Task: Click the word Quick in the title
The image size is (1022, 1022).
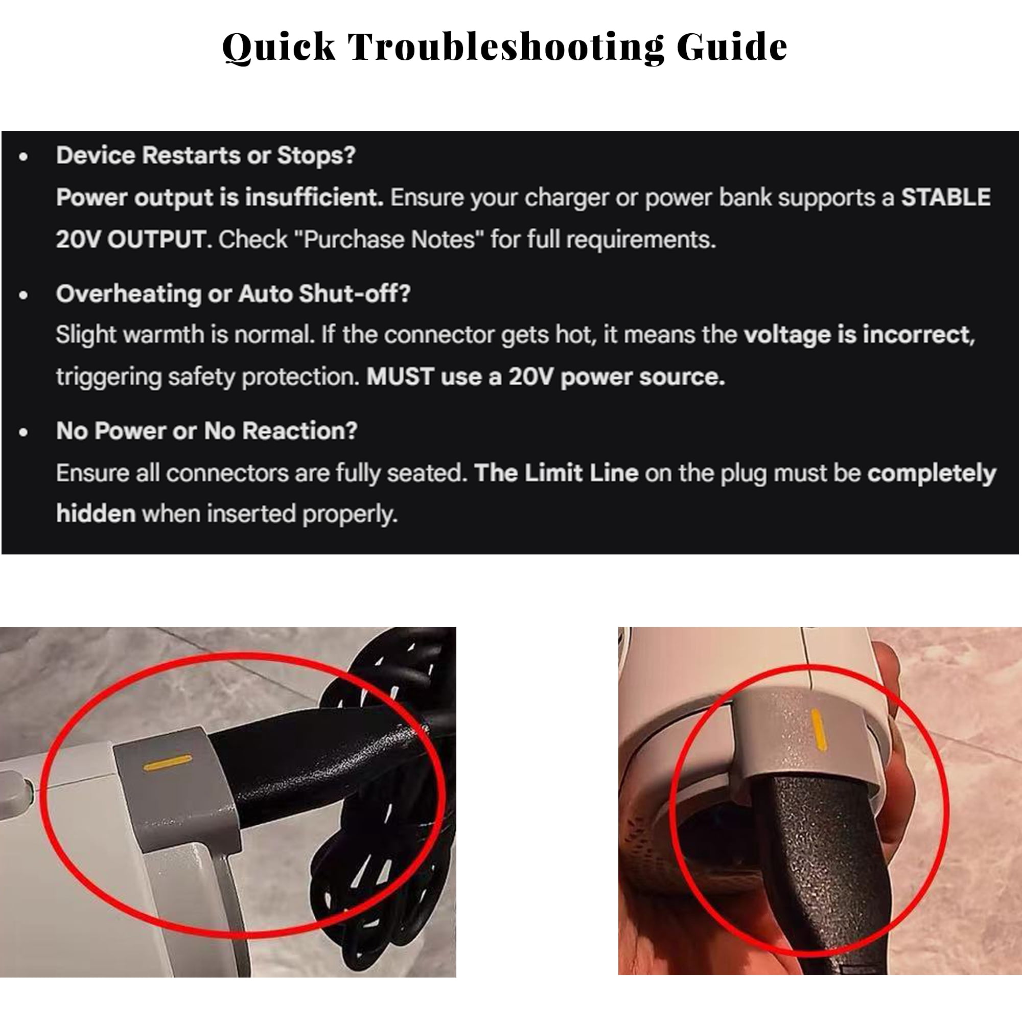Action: (279, 48)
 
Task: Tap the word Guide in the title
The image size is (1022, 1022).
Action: (732, 47)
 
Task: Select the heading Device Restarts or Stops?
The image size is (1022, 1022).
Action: (206, 155)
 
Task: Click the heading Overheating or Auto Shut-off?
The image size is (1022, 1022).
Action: (234, 294)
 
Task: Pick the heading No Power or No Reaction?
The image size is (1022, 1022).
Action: (207, 431)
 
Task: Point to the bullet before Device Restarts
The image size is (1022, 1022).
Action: (24, 156)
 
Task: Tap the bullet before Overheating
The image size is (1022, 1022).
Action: (24, 295)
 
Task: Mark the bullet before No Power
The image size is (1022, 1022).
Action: (24, 433)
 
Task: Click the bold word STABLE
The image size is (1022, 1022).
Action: (946, 197)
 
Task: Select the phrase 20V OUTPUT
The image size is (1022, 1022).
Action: (130, 240)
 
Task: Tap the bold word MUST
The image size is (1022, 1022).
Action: (401, 377)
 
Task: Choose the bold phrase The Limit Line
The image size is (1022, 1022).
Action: (556, 473)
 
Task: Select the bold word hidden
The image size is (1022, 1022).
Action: (96, 514)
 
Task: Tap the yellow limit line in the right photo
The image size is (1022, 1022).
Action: (818, 730)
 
